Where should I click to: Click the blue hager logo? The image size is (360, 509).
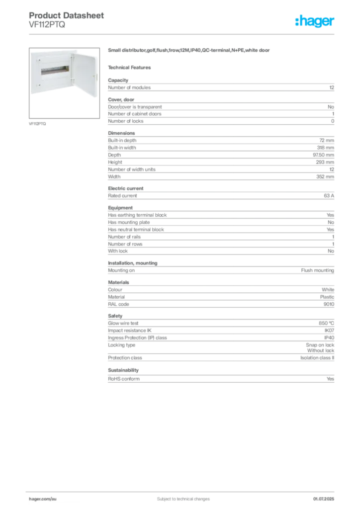[x=316, y=21]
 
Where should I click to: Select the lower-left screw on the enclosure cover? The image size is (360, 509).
[x=34, y=89]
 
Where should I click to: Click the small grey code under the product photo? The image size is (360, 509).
[x=38, y=123]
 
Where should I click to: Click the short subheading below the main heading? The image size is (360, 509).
[x=131, y=67]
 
